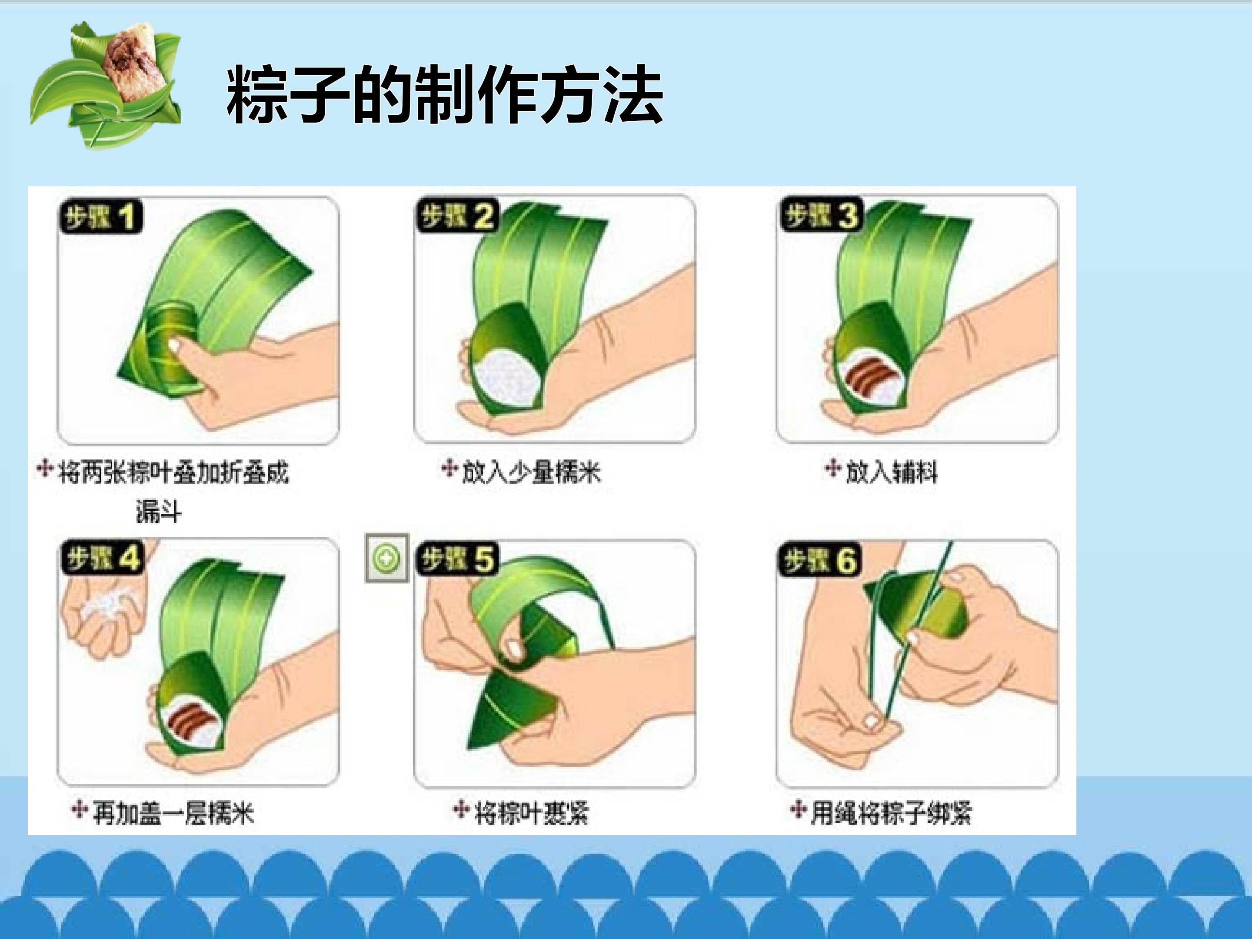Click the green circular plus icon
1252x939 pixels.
(x=386, y=559)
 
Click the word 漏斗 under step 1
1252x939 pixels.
(x=159, y=512)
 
